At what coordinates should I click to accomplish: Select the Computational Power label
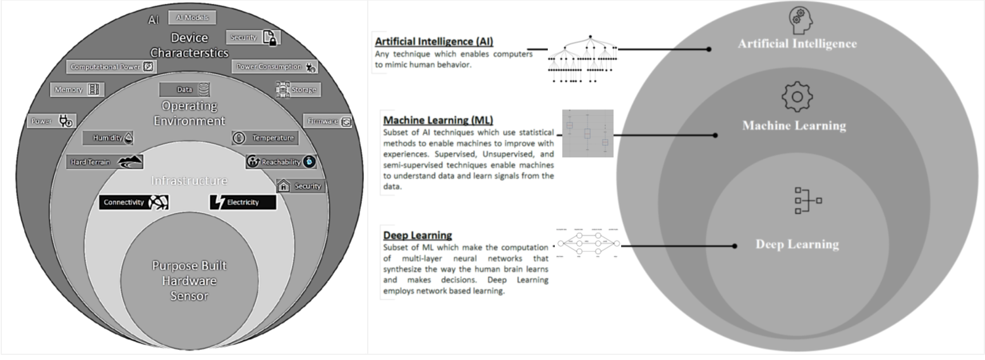111,66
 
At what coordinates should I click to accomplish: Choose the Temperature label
265,138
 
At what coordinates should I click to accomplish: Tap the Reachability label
281,162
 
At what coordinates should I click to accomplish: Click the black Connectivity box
134,202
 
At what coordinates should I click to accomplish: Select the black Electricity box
243,202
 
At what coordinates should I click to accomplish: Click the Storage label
297,90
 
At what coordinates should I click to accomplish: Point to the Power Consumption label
275,66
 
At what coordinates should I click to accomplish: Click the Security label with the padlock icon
252,37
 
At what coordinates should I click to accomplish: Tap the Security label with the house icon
301,186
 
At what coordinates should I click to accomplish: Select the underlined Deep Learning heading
418,235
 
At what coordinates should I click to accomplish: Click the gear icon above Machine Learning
796,97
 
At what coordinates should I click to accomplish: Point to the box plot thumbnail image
588,133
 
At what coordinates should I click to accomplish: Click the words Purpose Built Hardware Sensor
189,280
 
